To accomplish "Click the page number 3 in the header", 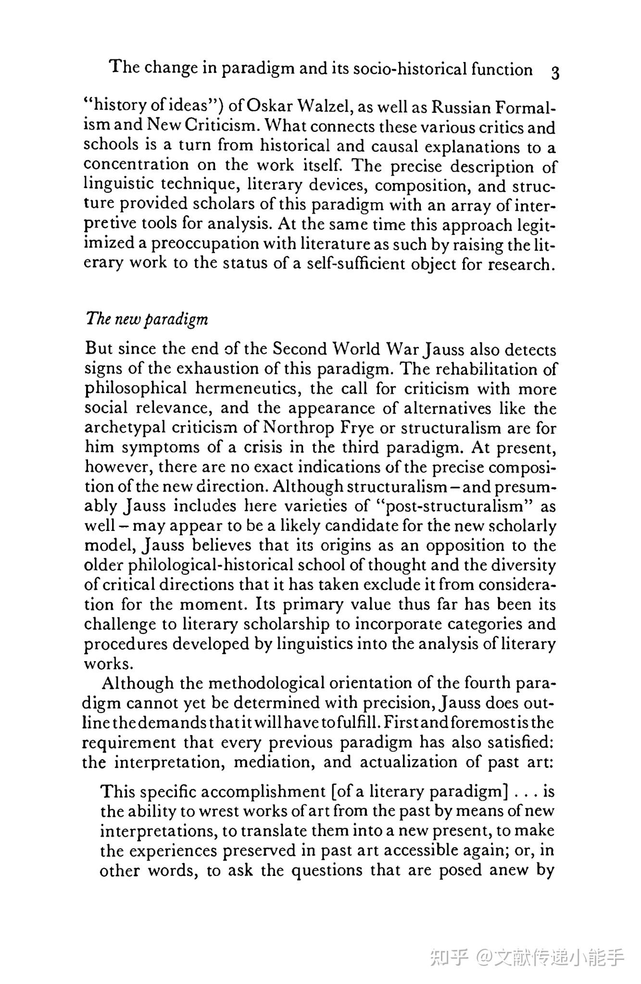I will (554, 73).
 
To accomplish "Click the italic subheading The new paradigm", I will (147, 320).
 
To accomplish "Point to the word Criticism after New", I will (222, 125).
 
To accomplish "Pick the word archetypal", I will (126, 428).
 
